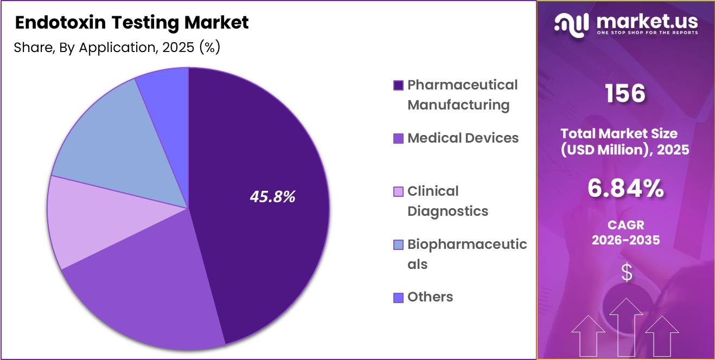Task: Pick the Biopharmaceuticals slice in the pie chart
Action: click(x=119, y=141)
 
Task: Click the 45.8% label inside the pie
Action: click(x=272, y=197)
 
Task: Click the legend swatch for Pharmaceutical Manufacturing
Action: click(x=398, y=85)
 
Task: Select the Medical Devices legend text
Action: click(x=463, y=138)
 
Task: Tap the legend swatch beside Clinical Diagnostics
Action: click(x=398, y=191)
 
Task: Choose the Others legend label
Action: click(x=430, y=297)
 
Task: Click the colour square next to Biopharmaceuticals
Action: click(x=398, y=245)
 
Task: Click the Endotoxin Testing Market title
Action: click(x=132, y=23)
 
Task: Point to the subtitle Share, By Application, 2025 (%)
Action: click(x=117, y=48)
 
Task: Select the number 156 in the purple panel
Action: click(x=625, y=94)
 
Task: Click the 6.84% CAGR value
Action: click(x=625, y=189)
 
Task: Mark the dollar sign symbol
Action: click(x=626, y=272)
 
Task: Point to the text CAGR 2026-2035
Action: click(x=625, y=232)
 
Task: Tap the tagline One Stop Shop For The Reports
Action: click(x=647, y=33)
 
